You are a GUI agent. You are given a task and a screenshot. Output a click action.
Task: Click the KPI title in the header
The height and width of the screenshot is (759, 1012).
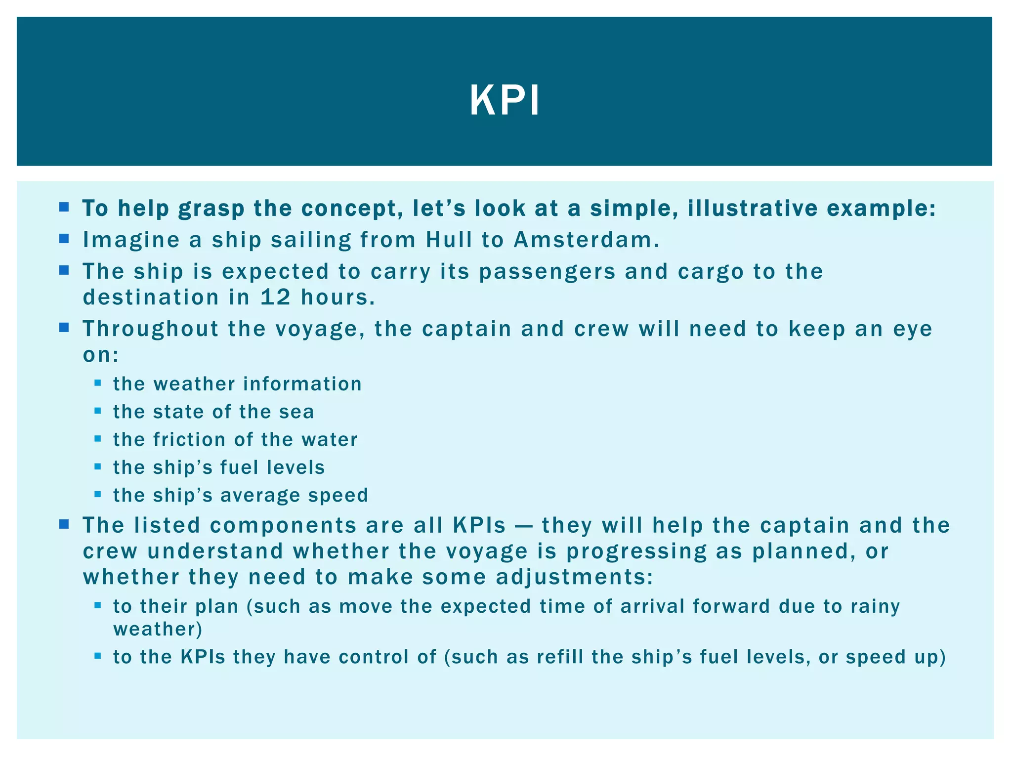pos(505,101)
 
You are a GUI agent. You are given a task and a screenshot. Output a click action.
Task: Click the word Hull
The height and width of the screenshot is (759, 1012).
pos(449,240)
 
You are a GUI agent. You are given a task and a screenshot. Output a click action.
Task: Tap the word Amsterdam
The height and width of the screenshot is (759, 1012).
pos(586,240)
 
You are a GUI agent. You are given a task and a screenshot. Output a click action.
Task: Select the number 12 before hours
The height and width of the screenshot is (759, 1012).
pos(276,297)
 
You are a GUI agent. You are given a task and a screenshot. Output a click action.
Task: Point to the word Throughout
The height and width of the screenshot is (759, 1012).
pos(150,329)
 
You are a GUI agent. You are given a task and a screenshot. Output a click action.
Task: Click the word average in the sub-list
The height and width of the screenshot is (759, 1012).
pos(259,496)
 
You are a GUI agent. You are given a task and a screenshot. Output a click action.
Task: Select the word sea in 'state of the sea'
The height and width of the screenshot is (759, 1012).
pos(296,412)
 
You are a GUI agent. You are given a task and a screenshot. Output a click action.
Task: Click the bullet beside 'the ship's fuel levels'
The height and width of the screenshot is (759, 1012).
pos(97,466)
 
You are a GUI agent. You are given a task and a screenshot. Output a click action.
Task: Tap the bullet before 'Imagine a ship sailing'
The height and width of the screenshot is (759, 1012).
pos(64,239)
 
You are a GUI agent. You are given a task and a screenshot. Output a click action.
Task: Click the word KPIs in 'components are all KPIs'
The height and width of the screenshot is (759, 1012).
pos(479,525)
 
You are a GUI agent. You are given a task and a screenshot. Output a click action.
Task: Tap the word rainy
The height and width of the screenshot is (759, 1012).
pos(875,607)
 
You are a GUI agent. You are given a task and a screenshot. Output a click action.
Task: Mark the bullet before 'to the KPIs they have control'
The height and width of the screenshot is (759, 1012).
pos(97,656)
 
